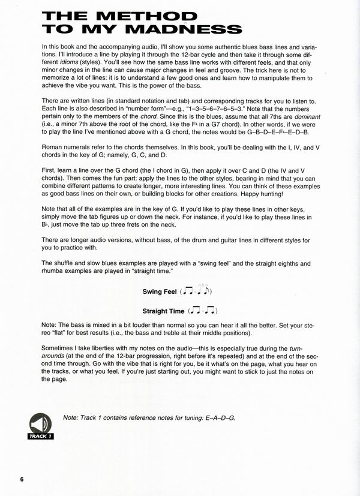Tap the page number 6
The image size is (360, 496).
coord(22,479)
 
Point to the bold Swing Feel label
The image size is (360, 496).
coord(160,291)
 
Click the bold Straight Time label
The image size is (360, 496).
coord(163,311)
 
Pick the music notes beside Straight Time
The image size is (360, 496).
coord(202,311)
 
